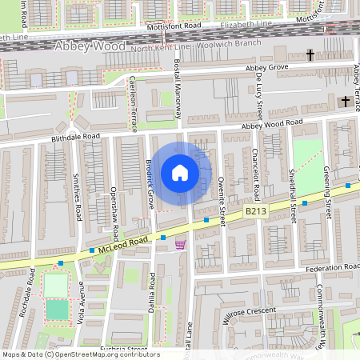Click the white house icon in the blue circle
click(x=180, y=173)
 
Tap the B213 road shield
click(x=255, y=210)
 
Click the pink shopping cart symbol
click(x=180, y=245)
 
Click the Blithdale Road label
click(x=74, y=137)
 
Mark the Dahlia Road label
click(x=151, y=293)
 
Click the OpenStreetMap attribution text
click(x=81, y=354)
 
